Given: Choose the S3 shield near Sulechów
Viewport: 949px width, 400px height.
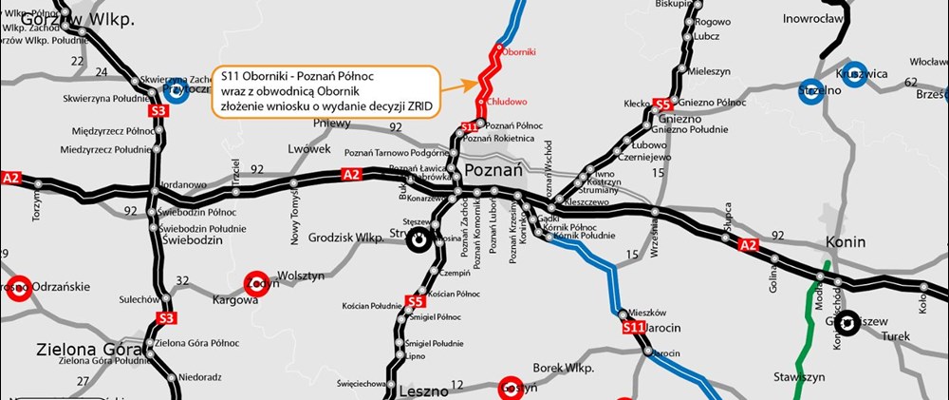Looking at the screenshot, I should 167,317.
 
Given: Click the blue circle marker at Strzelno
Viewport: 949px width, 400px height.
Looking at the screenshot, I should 811,89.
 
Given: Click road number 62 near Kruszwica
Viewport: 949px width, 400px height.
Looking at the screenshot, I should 910,83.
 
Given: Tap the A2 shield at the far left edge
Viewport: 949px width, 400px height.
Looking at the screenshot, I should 11,178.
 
